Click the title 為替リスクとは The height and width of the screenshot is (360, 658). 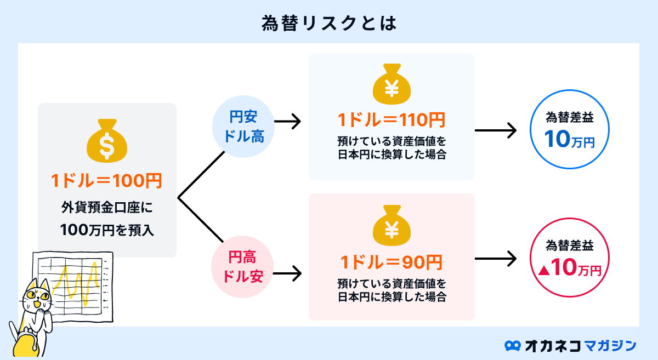(328, 22)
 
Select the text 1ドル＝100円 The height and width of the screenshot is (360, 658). (107, 181)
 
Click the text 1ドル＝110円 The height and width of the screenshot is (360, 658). (392, 119)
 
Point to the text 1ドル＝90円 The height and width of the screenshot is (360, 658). (392, 262)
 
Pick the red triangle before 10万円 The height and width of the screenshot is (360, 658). (544, 270)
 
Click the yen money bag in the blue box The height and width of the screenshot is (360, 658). (392, 85)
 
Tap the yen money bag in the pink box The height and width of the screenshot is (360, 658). (392, 227)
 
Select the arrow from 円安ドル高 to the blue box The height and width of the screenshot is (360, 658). (287, 122)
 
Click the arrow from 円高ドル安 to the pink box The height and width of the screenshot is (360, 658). (287, 272)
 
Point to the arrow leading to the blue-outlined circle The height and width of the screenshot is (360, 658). (495, 130)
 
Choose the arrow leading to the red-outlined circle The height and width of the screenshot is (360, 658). (495, 259)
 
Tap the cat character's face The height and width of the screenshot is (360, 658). (36, 299)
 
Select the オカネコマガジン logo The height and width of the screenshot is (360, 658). (570, 345)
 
